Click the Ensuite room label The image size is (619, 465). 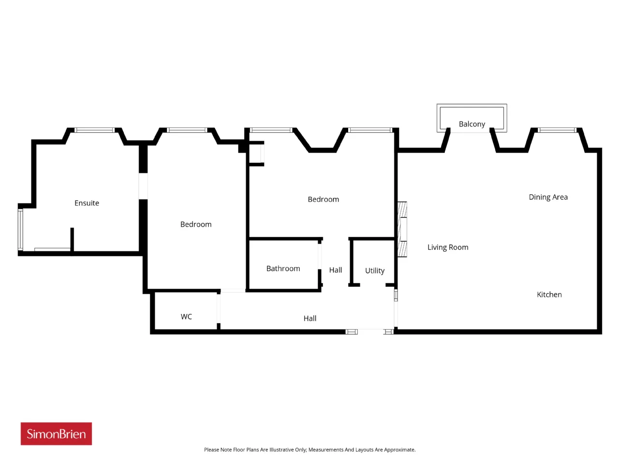coord(87,203)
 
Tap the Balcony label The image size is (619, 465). coord(472,124)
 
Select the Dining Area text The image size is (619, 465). coord(548,197)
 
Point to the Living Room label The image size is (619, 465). coord(447,248)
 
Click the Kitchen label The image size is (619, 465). coord(549,294)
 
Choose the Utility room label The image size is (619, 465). coord(374,271)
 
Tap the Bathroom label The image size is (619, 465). coord(283,268)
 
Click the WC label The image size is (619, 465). coord(186,316)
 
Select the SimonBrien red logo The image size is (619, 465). coord(56,434)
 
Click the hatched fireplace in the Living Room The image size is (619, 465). coord(402,229)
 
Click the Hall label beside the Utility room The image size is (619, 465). coord(335,270)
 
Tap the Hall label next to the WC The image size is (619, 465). coord(309,318)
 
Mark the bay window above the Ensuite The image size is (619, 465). coord(94,130)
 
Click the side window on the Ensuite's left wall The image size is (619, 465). coord(20,229)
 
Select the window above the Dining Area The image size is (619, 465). coord(557,130)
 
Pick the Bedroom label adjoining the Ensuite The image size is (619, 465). coord(196,224)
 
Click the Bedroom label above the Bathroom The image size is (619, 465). coord(323,200)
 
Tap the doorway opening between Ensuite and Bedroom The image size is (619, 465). coord(143,186)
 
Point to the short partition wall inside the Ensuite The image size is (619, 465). coord(72,239)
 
